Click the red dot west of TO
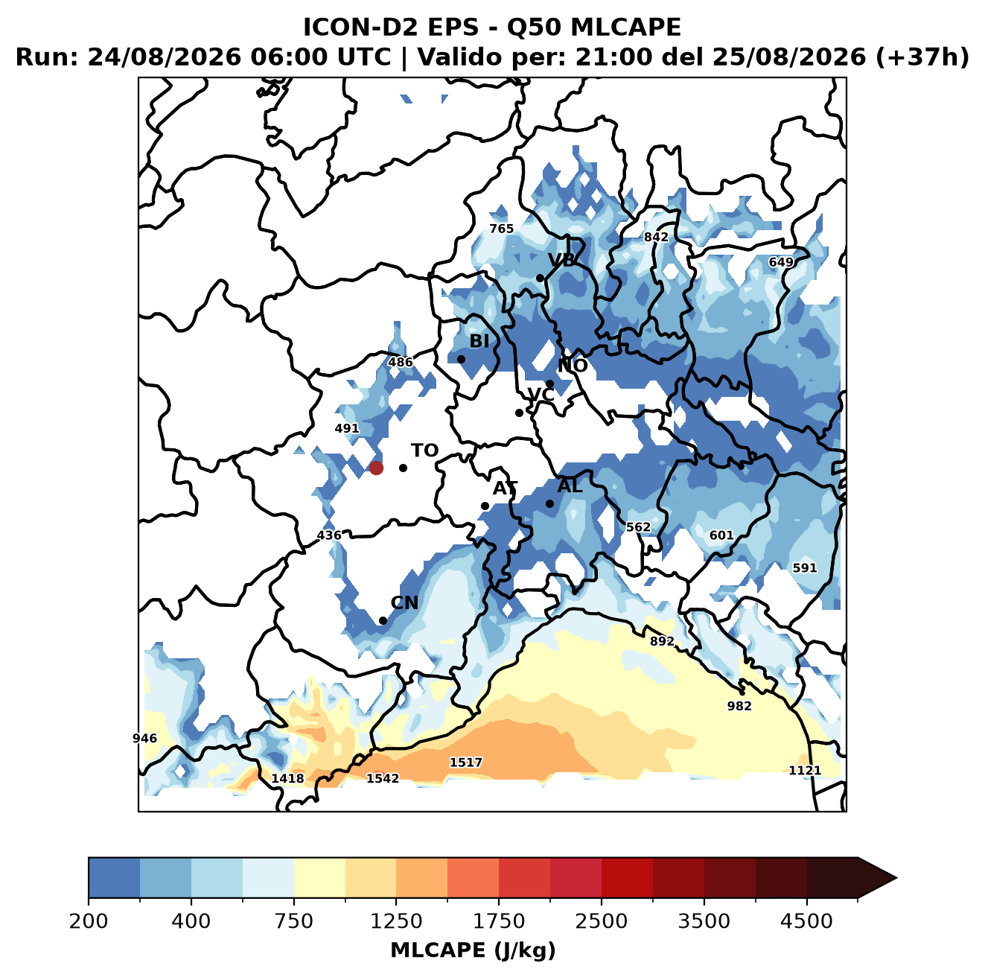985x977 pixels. point(376,468)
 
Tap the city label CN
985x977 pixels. point(404,603)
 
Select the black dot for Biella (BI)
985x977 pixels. point(461,360)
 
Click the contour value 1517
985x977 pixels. point(465,763)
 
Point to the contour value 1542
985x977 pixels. point(383,778)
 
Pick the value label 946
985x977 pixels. point(144,738)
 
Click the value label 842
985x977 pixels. point(656,238)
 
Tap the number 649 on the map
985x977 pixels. point(781,262)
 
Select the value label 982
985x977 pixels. point(739,706)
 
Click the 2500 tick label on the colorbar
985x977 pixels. point(601,921)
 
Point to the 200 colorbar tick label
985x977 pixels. point(89,921)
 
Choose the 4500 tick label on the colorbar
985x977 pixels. point(806,921)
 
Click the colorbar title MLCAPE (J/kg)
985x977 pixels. point(473,950)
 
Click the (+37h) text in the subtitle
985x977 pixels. point(922,57)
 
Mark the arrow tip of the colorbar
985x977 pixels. point(896,878)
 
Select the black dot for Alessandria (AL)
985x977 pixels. point(549,503)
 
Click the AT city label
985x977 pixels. point(505,488)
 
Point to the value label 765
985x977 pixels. point(502,229)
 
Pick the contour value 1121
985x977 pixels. point(805,771)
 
